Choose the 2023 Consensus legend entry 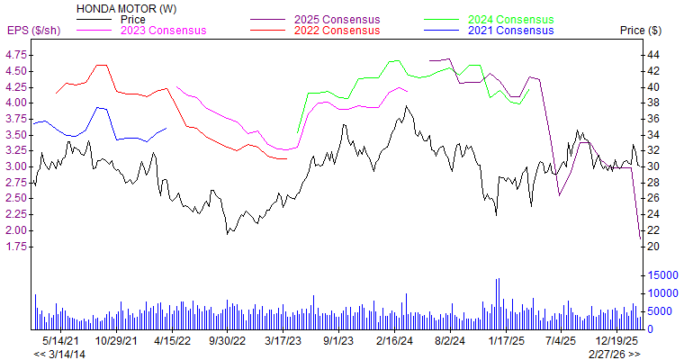pyautogui.click(x=164, y=31)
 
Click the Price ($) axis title pyautogui.click(x=641, y=31)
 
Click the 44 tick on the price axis pyautogui.click(x=653, y=55)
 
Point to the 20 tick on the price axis pyautogui.click(x=653, y=247)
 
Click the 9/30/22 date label pyautogui.click(x=228, y=341)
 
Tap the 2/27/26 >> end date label pyautogui.click(x=616, y=354)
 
